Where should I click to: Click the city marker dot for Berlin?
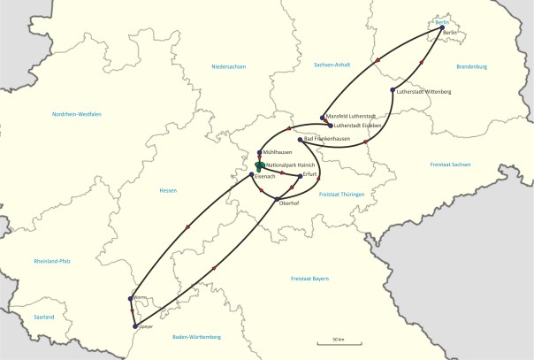pyautogui.click(x=442, y=27)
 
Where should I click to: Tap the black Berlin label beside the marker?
pyautogui.click(x=448, y=34)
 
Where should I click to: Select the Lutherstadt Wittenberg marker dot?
pyautogui.click(x=392, y=90)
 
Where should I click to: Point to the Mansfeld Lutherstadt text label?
pyautogui.click(x=352, y=117)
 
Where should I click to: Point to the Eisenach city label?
pyautogui.click(x=265, y=176)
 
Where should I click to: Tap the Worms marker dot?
pyautogui.click(x=131, y=298)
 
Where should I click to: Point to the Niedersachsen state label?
pyautogui.click(x=227, y=66)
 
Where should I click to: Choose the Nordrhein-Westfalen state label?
pyautogui.click(x=77, y=114)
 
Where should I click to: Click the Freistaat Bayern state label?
pyautogui.click(x=309, y=279)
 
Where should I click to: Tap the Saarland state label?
pyautogui.click(x=44, y=317)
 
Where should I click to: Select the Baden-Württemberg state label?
pyautogui.click(x=196, y=337)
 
